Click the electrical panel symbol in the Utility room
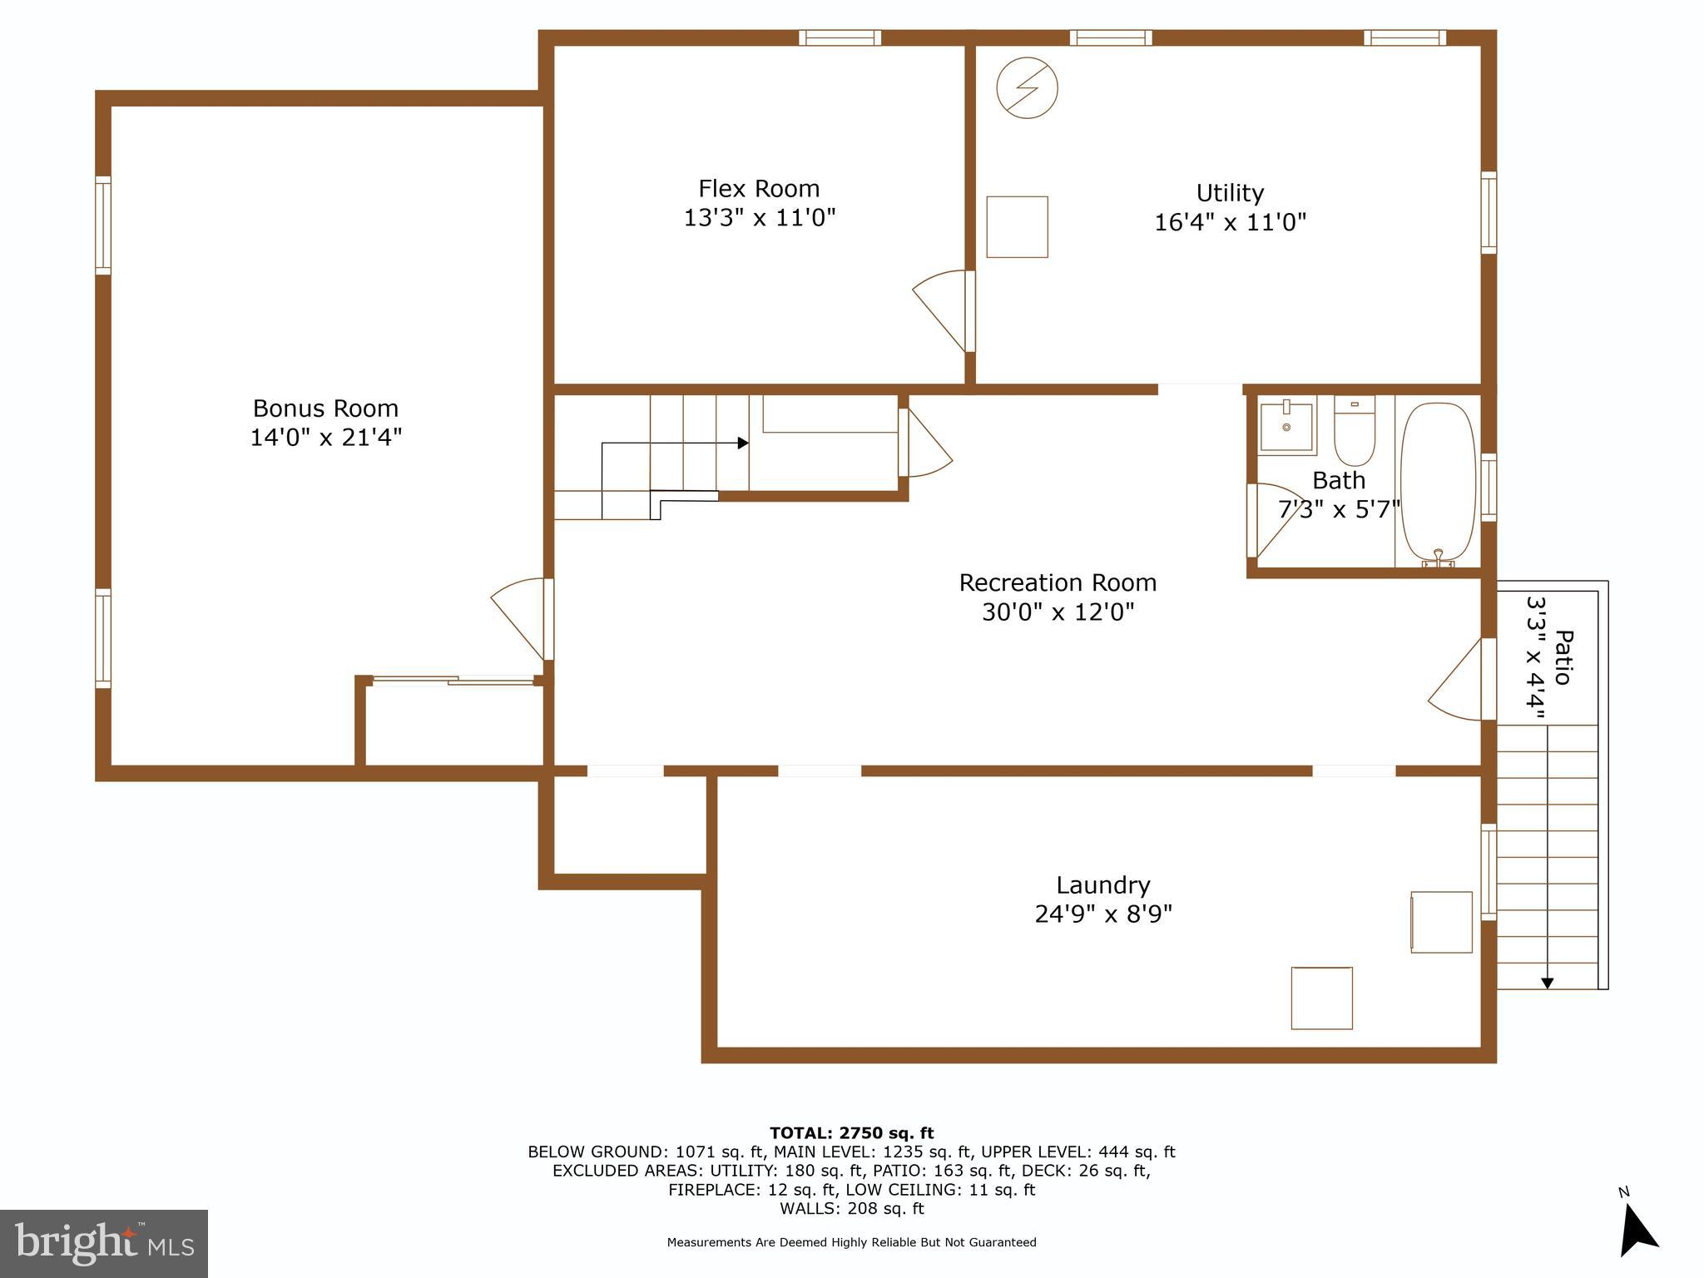1027,87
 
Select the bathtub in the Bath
1438,484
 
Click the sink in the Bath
1286,427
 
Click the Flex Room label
759,188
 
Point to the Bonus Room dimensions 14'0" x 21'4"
326,438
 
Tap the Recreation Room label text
1058,582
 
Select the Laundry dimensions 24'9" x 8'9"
1103,914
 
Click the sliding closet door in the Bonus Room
453,681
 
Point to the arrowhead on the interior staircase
743,443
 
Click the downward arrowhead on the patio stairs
1547,983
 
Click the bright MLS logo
104,1243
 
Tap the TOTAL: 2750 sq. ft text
851,1133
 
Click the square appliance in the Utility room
1017,227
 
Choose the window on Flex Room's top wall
840,37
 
